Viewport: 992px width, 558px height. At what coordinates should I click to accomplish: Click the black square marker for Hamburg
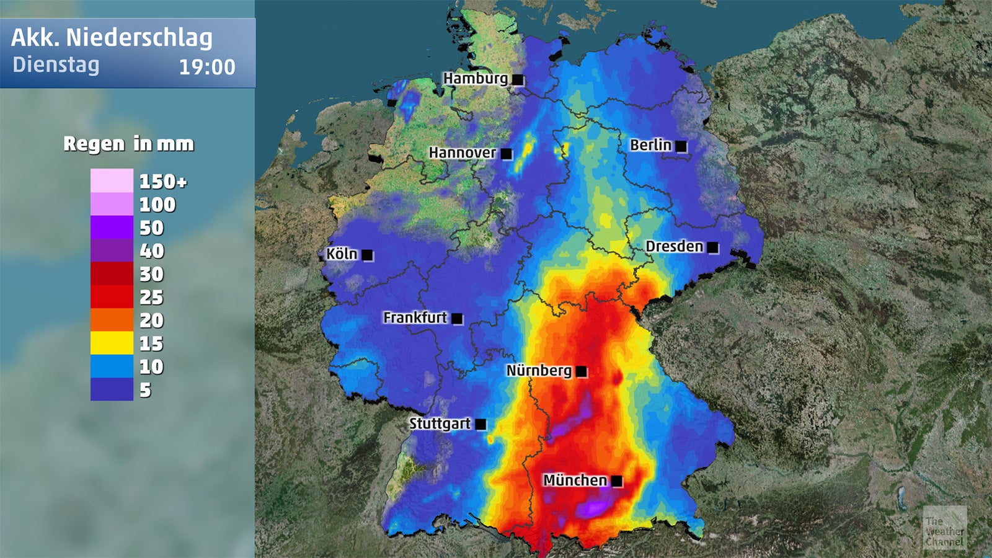click(x=518, y=79)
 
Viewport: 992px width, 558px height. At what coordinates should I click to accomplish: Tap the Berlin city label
click(x=650, y=145)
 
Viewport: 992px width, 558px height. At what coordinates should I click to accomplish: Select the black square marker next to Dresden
click(x=713, y=247)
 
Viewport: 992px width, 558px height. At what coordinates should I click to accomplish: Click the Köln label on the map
click(x=342, y=254)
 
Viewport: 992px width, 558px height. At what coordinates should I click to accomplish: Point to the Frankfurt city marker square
click(x=458, y=319)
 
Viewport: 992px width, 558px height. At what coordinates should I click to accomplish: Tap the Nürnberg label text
click(x=539, y=371)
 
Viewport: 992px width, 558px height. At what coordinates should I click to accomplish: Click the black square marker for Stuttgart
click(x=480, y=425)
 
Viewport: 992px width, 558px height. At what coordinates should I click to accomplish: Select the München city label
click(x=575, y=480)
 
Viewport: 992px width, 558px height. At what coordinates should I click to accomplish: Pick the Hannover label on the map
click(x=462, y=153)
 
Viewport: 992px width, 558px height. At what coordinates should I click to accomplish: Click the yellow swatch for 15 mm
click(x=112, y=343)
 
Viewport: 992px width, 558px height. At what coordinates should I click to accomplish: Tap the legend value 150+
click(x=162, y=182)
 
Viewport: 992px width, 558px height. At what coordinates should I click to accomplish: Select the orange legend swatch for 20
click(x=112, y=320)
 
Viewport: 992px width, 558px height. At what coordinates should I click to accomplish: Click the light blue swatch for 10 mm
click(x=112, y=366)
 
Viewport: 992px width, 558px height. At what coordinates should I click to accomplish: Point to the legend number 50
click(x=151, y=228)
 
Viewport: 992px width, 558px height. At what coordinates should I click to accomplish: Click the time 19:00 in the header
click(x=207, y=67)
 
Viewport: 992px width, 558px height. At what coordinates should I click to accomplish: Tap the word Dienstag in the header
click(x=56, y=65)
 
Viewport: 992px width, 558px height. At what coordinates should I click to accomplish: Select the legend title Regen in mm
click(x=129, y=144)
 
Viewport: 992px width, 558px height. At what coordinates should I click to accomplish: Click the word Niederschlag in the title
click(x=139, y=38)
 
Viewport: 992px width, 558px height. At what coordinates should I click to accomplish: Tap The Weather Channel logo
click(x=944, y=528)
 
